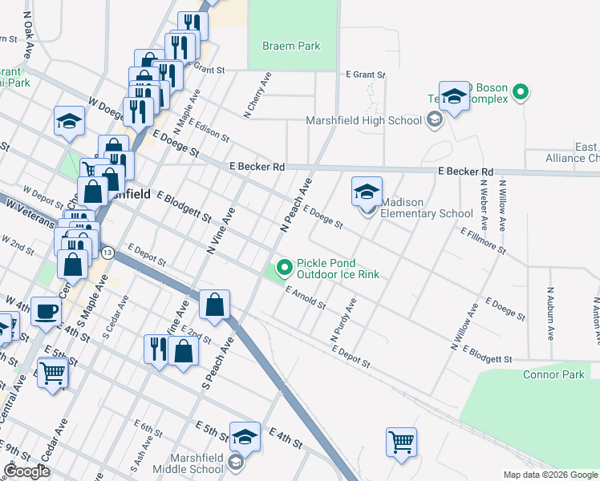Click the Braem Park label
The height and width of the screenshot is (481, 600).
point(291,46)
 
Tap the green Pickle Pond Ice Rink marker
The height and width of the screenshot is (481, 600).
point(283,269)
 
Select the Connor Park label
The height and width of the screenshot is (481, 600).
point(553,374)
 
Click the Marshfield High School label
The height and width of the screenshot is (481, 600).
point(364,121)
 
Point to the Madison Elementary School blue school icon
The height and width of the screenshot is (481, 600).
point(367,192)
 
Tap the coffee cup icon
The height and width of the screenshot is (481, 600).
point(46,311)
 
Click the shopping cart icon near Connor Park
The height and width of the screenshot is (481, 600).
point(400,442)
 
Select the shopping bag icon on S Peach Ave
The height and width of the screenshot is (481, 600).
point(214,305)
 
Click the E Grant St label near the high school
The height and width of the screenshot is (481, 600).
point(367,74)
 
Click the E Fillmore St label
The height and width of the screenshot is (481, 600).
point(483,240)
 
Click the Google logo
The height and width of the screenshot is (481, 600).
point(26,471)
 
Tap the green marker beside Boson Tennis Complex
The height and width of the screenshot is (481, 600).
point(521,93)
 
